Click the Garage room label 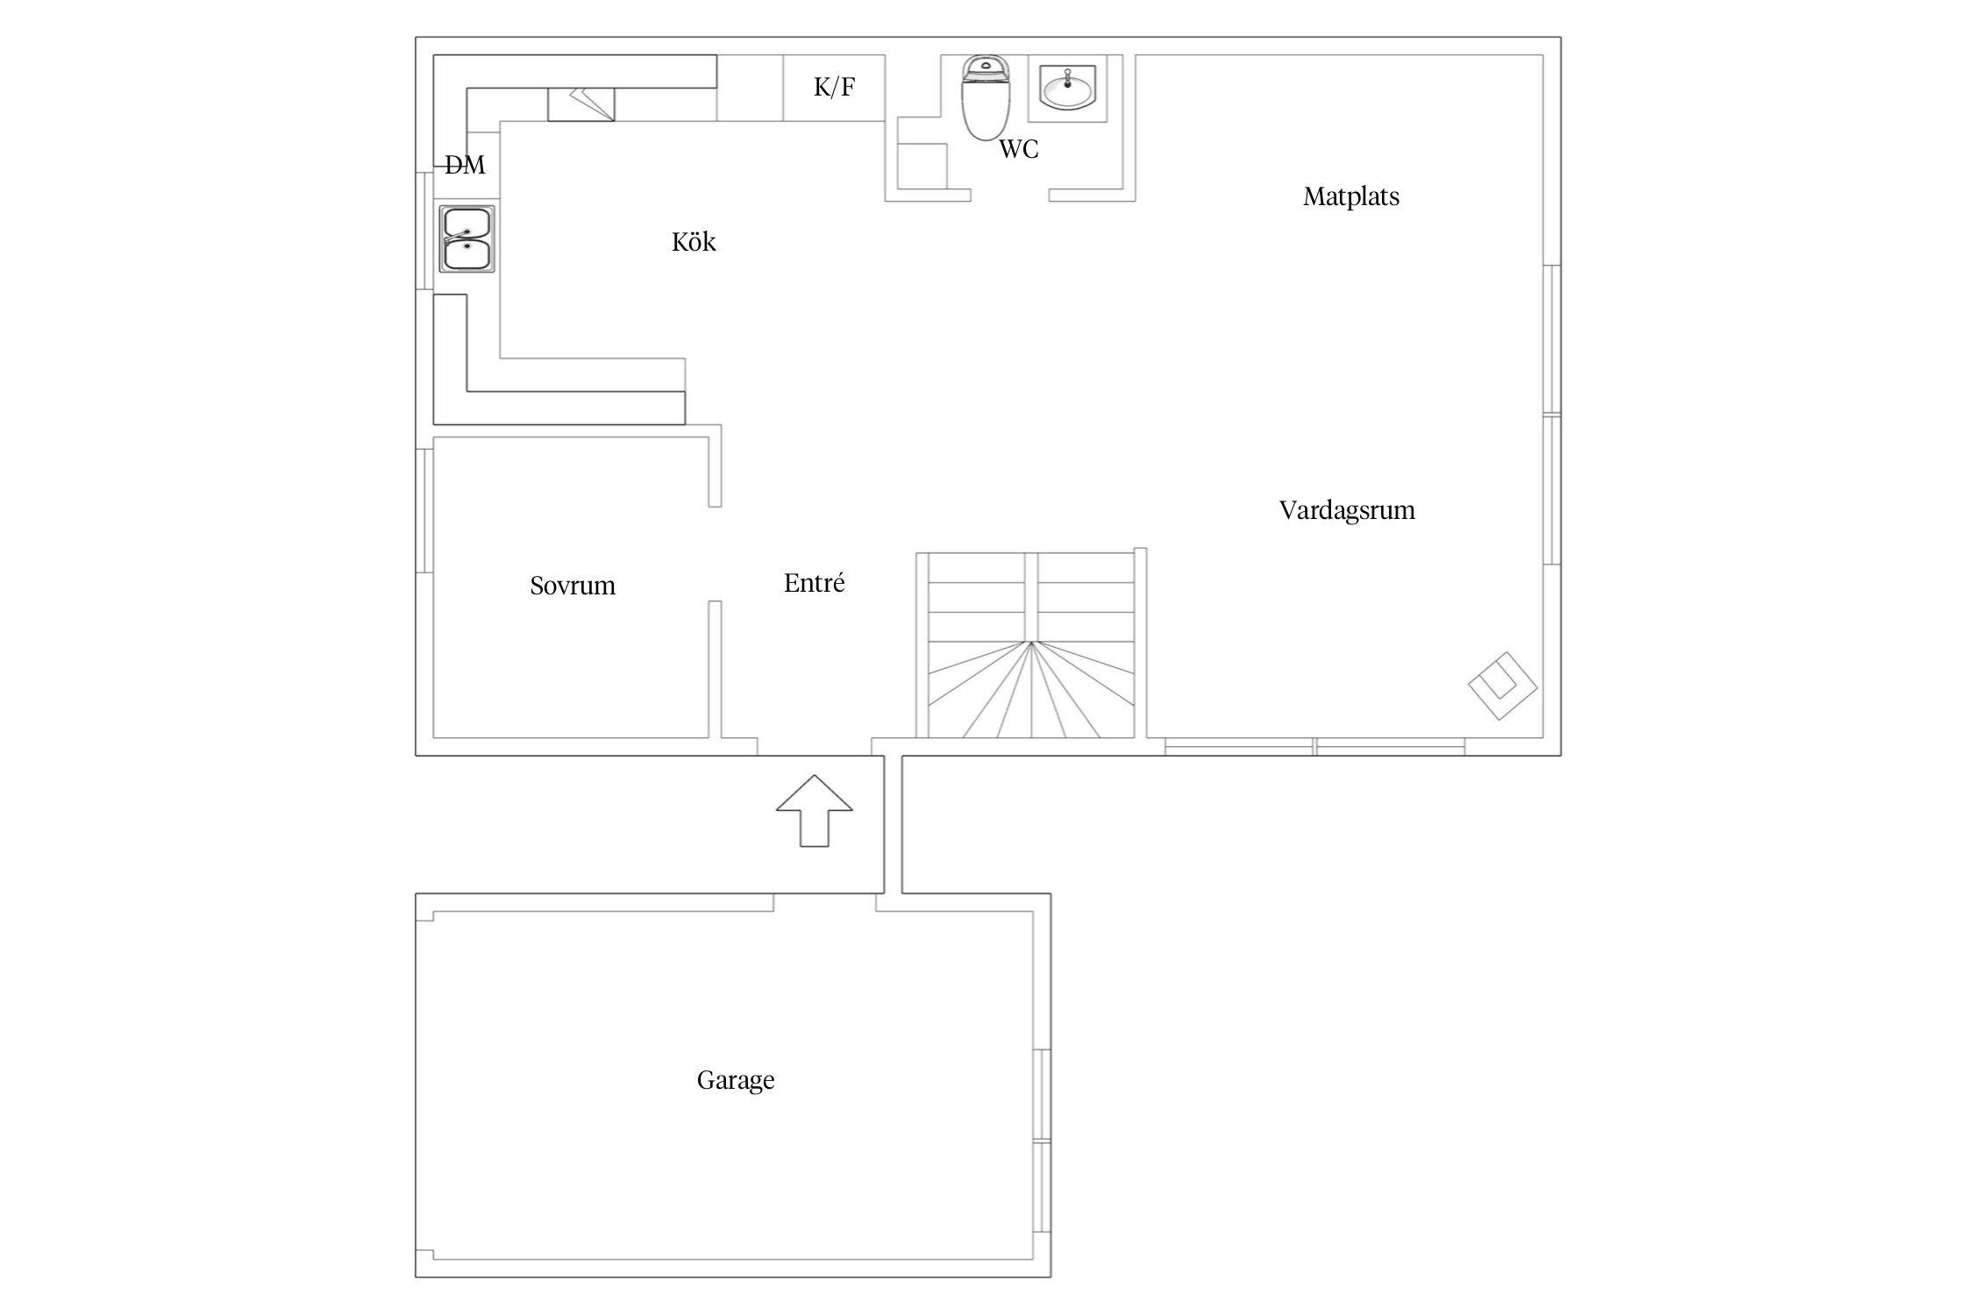tap(736, 1080)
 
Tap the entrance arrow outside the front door tap(815, 811)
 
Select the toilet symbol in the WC tap(987, 96)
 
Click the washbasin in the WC tap(1066, 88)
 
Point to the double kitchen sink tap(467, 238)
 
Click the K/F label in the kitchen tap(834, 87)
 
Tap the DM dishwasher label tap(465, 165)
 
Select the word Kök tap(694, 241)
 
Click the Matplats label tap(1351, 196)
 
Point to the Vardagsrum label tap(1347, 510)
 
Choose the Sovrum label tap(573, 586)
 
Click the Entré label tap(814, 583)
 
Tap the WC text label tap(1019, 150)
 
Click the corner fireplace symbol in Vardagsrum tap(1503, 686)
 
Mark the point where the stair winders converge tap(1031, 643)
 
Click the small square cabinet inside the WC tap(922, 167)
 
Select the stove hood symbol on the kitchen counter tap(581, 104)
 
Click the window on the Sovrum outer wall tap(424, 511)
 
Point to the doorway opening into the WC tap(1010, 195)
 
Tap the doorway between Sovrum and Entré tap(715, 554)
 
